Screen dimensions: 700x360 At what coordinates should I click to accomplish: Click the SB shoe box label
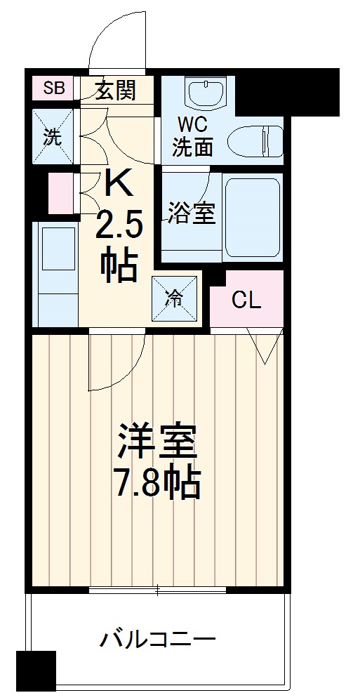click(53, 88)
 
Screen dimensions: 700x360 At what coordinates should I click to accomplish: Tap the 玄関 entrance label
click(116, 89)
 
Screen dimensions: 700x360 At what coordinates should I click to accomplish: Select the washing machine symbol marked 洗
click(53, 136)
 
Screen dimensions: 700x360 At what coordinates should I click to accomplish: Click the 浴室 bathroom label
click(191, 214)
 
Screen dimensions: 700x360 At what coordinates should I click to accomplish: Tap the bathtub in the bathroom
click(253, 216)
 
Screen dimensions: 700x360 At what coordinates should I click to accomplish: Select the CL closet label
click(246, 301)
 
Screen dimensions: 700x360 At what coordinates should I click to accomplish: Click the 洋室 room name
click(157, 442)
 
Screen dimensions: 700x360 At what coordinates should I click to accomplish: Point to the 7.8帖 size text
click(158, 482)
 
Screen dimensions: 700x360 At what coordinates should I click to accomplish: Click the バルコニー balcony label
click(157, 640)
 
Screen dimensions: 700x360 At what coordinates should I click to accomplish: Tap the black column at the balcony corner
click(36, 670)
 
